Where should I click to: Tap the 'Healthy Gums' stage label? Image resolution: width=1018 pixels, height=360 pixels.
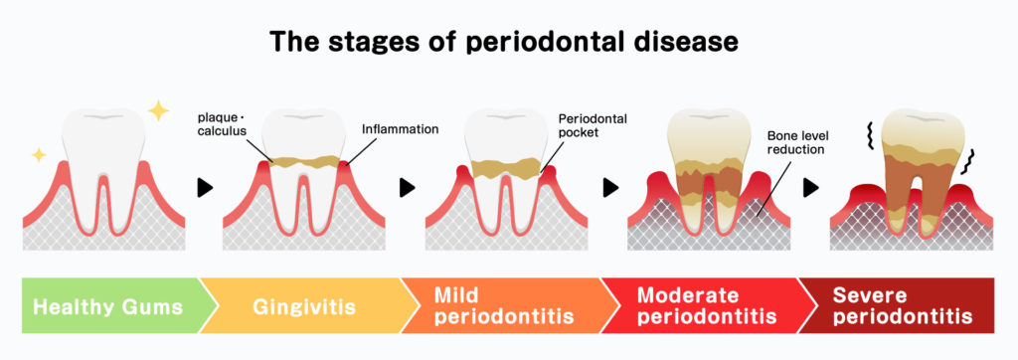107,306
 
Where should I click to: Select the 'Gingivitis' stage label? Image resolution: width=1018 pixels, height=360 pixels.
304,306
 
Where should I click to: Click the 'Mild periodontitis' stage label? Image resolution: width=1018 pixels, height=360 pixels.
503,306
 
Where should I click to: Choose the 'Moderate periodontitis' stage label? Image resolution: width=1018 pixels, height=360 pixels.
707,306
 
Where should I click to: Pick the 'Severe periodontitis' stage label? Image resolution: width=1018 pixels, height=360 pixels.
903,306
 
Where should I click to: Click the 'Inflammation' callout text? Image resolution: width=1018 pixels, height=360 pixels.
400,129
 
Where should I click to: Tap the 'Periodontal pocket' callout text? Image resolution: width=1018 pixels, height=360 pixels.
593,125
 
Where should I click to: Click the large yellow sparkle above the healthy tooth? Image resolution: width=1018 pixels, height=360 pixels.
158,110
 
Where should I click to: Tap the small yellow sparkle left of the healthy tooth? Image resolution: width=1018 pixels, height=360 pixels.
39,155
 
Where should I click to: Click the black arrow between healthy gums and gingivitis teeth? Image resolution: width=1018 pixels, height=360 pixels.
205,188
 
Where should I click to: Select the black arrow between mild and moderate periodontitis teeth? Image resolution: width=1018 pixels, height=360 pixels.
610,188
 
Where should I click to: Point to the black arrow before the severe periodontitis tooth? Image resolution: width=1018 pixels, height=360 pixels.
811,188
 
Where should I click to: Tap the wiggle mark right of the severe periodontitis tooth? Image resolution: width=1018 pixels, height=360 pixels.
971,161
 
